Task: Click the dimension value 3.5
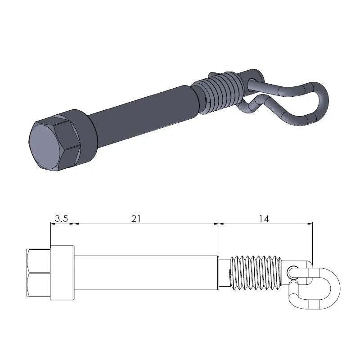click(x=61, y=219)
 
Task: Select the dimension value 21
click(x=136, y=219)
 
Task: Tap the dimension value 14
click(x=264, y=219)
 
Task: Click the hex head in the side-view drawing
click(x=39, y=273)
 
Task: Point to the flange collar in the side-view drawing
click(x=62, y=273)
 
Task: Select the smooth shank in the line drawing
click(x=146, y=273)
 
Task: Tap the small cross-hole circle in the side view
click(x=293, y=271)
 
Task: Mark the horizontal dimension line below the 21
click(x=146, y=224)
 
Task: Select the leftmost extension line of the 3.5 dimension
click(x=50, y=234)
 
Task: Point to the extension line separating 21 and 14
click(x=219, y=238)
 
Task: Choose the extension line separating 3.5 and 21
click(x=74, y=234)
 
